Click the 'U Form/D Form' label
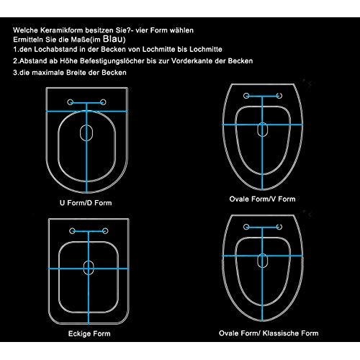(x=86, y=203)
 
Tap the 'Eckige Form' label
(x=89, y=333)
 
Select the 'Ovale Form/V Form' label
(x=262, y=199)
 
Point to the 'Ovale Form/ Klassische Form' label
(x=269, y=333)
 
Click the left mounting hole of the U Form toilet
(x=70, y=102)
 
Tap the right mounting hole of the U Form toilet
(x=103, y=102)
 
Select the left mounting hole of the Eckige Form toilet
(x=72, y=231)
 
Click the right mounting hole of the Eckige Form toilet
(x=105, y=231)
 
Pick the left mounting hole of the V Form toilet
(x=246, y=96)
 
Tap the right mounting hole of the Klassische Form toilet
(x=279, y=227)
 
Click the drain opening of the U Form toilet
(x=86, y=132)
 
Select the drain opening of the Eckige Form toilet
(x=89, y=268)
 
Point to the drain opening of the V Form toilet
(x=263, y=130)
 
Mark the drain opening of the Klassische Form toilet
(x=263, y=261)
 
